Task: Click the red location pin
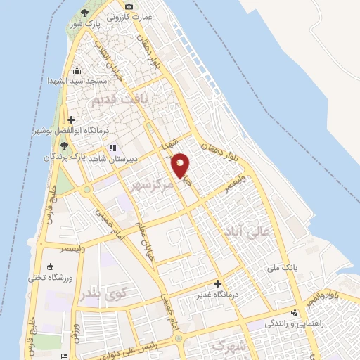181,165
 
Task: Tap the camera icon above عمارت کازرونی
129,6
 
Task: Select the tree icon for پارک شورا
85,13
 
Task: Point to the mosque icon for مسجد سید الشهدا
77,71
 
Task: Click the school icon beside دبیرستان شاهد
111,148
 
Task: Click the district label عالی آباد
245,231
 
